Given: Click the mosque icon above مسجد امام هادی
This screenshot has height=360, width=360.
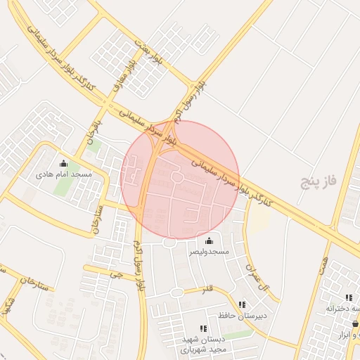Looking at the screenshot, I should point(64,164).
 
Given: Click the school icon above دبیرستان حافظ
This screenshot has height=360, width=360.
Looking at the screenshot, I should point(243,305).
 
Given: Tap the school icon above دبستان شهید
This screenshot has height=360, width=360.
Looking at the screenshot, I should point(203,328).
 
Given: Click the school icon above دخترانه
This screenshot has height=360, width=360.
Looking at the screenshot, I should point(349,297).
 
